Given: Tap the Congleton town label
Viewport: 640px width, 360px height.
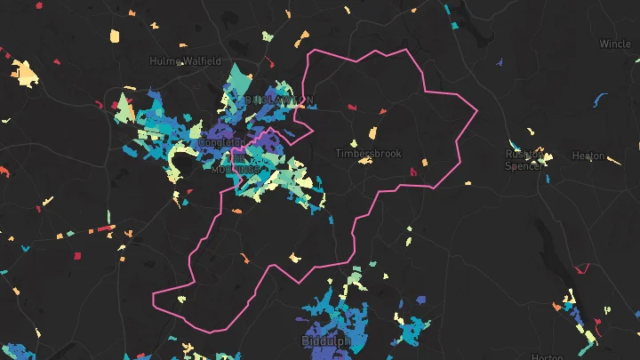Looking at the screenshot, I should [222, 142].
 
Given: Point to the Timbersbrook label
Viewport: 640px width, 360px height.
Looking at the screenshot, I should [368, 154].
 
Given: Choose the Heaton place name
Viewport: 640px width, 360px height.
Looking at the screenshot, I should [588, 156].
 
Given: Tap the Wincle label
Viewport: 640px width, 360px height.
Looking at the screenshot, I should [615, 44].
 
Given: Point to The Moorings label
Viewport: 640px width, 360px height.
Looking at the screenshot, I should [236, 165].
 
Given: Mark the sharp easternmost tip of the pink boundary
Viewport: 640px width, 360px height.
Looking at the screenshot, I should [477, 111].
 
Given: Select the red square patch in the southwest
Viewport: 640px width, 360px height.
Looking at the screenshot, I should [76, 256].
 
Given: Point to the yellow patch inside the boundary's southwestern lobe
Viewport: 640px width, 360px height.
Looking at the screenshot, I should [180, 298].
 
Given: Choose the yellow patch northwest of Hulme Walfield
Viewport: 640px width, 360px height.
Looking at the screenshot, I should [115, 36].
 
